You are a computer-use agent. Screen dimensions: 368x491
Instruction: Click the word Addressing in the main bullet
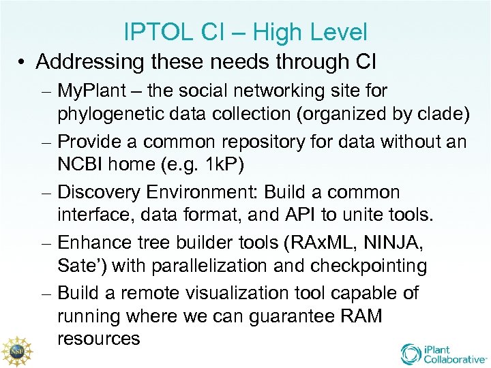(90, 61)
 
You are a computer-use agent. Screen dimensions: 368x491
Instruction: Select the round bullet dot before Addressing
(23, 63)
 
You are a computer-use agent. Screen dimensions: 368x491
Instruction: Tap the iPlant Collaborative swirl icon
(412, 354)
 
